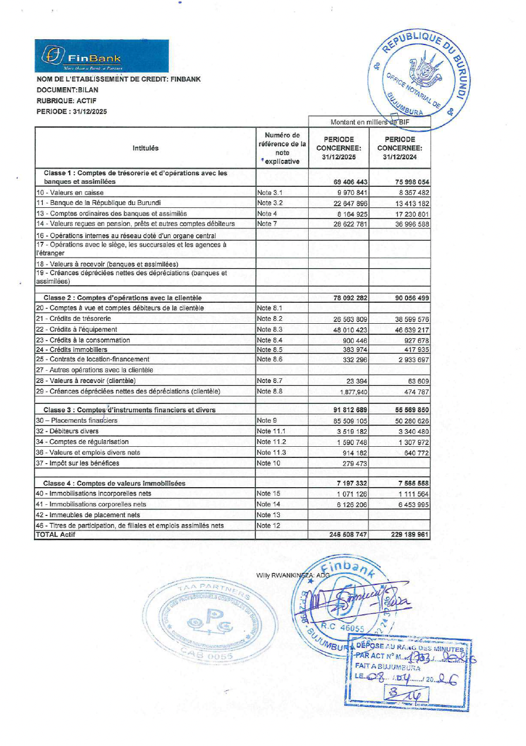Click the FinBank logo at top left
click(101, 56)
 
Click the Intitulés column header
click(145, 149)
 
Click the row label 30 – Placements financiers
click(77, 420)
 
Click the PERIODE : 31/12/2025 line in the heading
click(72, 111)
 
